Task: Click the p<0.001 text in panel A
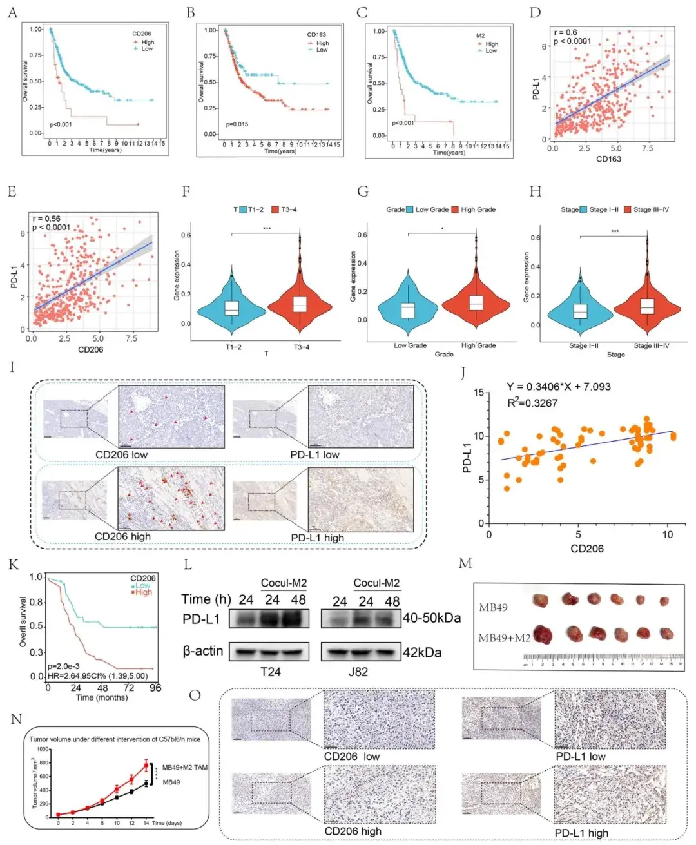(61, 124)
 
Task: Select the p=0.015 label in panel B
(237, 124)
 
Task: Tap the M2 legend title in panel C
(481, 36)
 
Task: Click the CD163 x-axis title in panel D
(608, 159)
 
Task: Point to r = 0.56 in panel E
(46, 219)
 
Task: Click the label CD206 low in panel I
(121, 454)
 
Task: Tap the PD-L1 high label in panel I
(317, 538)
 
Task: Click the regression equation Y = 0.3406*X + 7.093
(558, 387)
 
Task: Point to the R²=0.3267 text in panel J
(532, 403)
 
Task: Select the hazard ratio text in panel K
(97, 676)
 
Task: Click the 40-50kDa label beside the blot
(432, 618)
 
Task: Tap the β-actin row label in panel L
(202, 651)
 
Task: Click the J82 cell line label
(358, 672)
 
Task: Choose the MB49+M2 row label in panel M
(504, 638)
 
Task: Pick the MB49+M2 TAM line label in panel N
(184, 767)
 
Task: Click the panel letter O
(195, 695)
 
